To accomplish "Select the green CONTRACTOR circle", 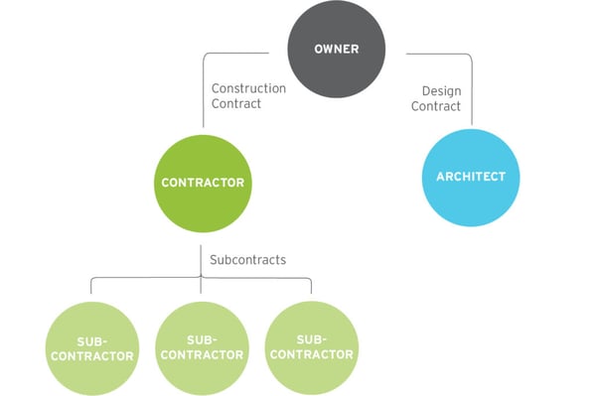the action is tap(204, 182).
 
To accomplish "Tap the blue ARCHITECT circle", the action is tap(471, 177).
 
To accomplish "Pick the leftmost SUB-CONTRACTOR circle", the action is tap(90, 346).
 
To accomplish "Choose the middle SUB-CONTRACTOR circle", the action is tap(202, 346).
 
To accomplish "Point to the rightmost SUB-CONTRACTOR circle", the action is tap(312, 346).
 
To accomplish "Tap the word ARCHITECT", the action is tap(471, 177).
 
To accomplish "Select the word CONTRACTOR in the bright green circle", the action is tap(204, 183).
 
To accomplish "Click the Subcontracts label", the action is tap(247, 260).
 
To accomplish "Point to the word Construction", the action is tap(248, 88).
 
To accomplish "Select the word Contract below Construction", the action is tap(235, 103).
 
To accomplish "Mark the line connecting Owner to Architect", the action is tap(471, 89).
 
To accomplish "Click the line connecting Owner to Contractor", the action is tap(204, 89).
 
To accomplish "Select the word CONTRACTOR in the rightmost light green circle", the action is tap(312, 354).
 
